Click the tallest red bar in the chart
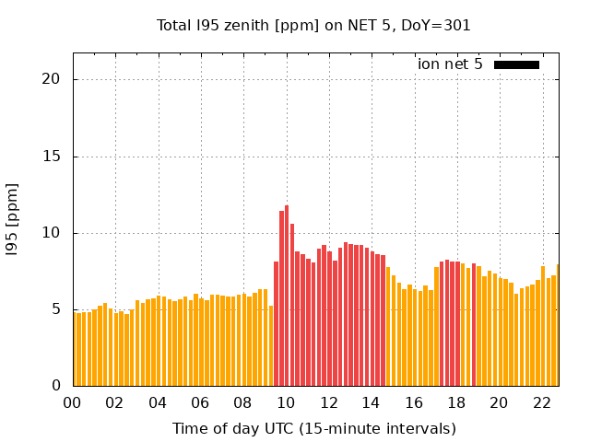(287, 295)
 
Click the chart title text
(313, 26)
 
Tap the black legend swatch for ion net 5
(516, 64)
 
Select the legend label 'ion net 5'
(450, 64)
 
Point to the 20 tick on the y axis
(52, 79)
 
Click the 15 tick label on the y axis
(52, 157)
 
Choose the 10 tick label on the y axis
(52, 233)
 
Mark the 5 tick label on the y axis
(56, 309)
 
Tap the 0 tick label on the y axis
(56, 386)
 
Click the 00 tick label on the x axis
(72, 403)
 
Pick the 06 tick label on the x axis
(200, 403)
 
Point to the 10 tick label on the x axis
(286, 403)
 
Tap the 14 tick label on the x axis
(371, 403)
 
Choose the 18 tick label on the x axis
(456, 403)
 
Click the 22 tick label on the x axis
(541, 403)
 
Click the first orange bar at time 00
(75, 350)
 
